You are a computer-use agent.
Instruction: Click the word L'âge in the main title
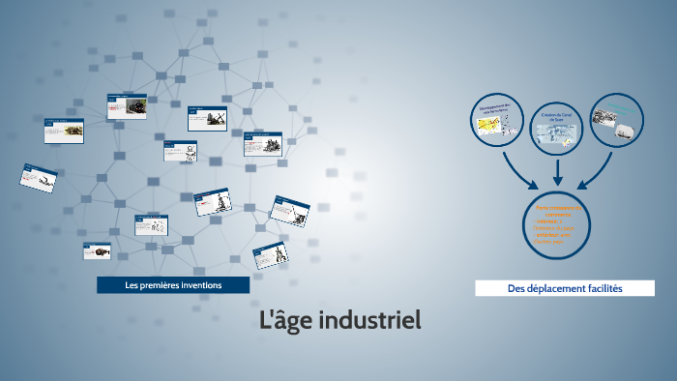[x=283, y=320]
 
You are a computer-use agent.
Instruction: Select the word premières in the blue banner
[x=165, y=285]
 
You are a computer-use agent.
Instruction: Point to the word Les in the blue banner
[x=132, y=285]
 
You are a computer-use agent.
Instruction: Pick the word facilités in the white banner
[x=605, y=289]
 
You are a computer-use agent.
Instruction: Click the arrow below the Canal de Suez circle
[x=558, y=174]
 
